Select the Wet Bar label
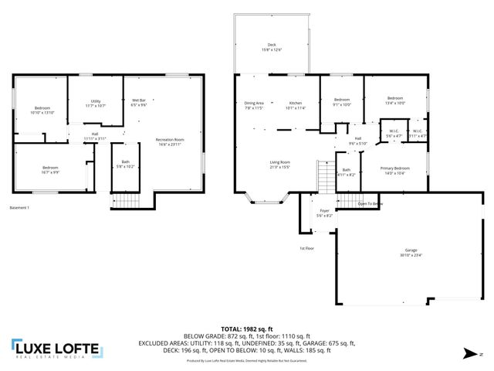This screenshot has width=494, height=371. [x=139, y=101]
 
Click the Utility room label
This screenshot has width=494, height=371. [x=96, y=102]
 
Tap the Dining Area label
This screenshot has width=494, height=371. [x=254, y=104]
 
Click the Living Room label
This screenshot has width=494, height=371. [x=279, y=163]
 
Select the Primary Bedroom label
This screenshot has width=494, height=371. [x=394, y=169]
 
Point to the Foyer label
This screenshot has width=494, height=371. [x=324, y=213]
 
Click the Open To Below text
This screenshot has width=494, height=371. [x=370, y=204]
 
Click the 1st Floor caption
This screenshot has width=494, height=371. [x=306, y=248]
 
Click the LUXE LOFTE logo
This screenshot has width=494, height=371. [x=56, y=349]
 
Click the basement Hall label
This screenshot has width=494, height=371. [x=95, y=136]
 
